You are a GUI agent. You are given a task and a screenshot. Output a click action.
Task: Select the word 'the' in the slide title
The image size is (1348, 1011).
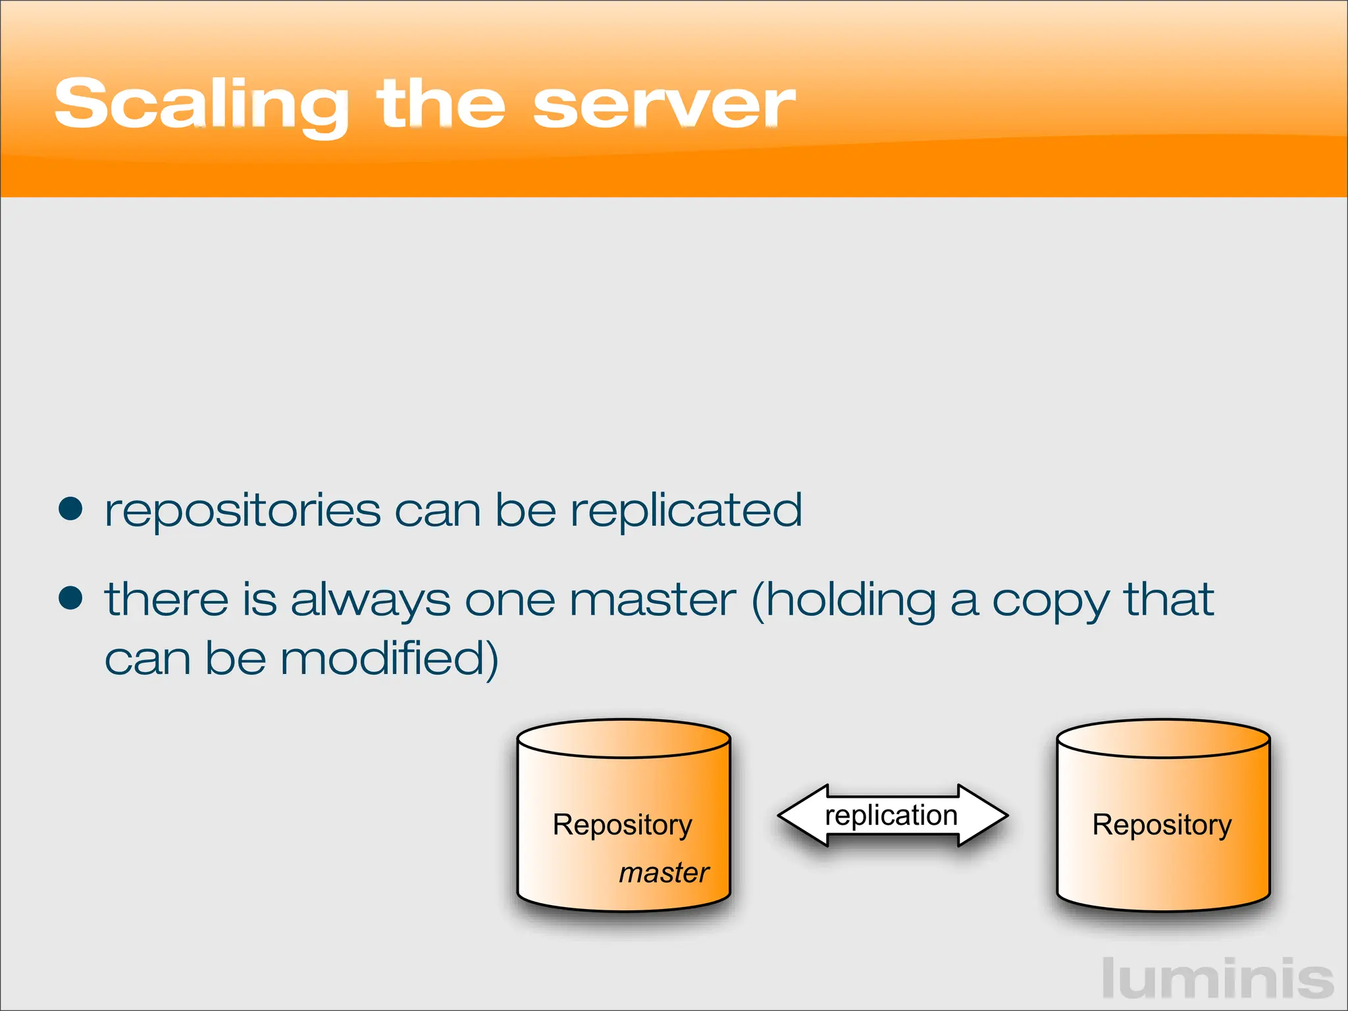[440, 104]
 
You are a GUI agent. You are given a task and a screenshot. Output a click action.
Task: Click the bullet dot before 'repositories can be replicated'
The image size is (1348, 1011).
[70, 509]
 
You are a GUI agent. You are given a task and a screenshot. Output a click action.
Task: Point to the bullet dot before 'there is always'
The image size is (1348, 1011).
[70, 598]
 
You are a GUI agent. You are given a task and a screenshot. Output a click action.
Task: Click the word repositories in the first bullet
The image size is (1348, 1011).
[243, 512]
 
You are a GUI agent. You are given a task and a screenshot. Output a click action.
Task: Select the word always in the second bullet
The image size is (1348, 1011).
[370, 601]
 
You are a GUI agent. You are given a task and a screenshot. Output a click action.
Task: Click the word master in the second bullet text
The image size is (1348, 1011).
[652, 600]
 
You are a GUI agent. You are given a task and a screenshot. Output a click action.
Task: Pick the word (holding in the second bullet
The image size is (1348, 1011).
[843, 601]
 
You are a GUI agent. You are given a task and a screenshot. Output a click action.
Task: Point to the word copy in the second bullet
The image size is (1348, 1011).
[1050, 602]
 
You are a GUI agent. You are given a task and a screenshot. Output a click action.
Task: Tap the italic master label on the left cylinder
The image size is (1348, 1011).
[663, 873]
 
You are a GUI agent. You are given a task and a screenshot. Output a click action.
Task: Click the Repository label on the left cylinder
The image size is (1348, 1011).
[622, 825]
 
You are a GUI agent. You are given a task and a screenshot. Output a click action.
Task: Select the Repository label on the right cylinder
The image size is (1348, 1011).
[1162, 825]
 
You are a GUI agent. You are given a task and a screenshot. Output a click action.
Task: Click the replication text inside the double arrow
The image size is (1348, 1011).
[891, 816]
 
